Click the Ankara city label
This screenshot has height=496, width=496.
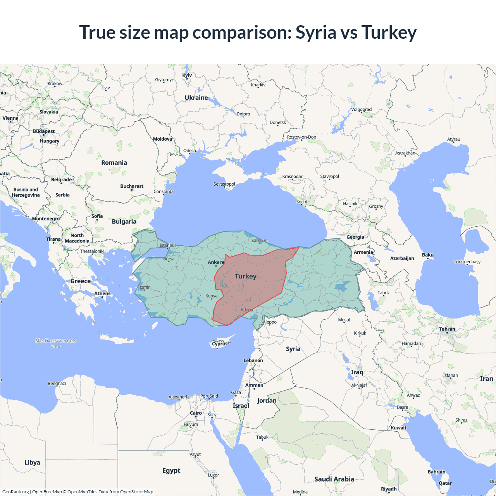(x=216, y=262)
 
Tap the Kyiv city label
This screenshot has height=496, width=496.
(x=187, y=75)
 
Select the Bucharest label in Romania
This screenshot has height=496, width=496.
(x=132, y=186)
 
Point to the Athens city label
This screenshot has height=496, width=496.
(x=102, y=293)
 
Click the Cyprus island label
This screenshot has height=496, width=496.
(x=220, y=344)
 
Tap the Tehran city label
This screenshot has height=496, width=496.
(x=447, y=329)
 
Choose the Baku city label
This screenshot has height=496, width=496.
(x=428, y=255)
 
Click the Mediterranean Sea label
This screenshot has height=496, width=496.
(x=56, y=343)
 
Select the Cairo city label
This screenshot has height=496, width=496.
(x=196, y=413)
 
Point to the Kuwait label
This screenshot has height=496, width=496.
(x=398, y=428)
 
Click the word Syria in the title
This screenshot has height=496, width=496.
(x=316, y=32)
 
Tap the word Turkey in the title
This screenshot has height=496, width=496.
(x=389, y=32)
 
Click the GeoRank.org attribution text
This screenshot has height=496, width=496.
(x=15, y=492)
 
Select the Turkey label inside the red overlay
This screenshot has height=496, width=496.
(x=246, y=276)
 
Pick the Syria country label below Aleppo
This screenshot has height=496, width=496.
(x=293, y=349)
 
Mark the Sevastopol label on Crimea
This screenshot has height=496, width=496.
(x=224, y=184)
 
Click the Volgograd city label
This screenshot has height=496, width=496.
(x=361, y=109)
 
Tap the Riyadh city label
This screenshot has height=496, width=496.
(x=389, y=489)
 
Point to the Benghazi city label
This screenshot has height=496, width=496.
(x=57, y=383)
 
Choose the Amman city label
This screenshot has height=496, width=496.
(x=254, y=385)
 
